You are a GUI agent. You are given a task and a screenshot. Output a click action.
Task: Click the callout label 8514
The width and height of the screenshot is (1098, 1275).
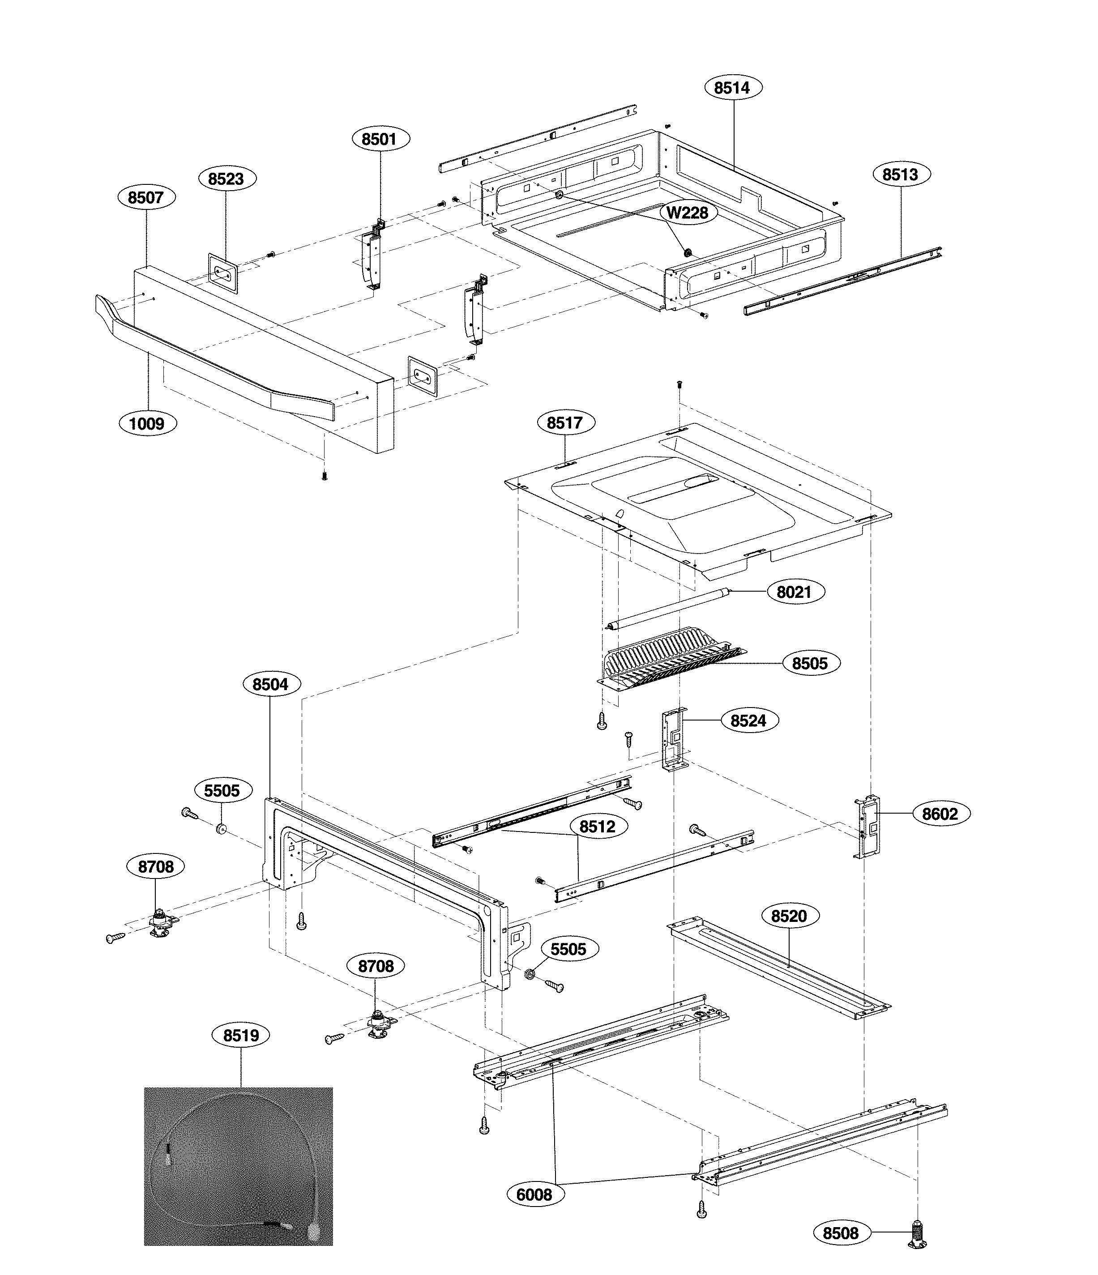pyautogui.click(x=732, y=88)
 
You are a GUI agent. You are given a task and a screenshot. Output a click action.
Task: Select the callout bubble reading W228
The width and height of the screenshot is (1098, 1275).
pyautogui.click(x=688, y=213)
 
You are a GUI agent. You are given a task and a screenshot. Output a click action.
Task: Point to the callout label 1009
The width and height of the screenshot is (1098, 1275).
pyautogui.click(x=146, y=424)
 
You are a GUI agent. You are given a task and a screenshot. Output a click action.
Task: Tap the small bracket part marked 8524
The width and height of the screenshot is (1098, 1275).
pyautogui.click(x=675, y=738)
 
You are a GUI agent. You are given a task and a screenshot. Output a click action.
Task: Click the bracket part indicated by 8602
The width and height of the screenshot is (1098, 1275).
pyautogui.click(x=868, y=827)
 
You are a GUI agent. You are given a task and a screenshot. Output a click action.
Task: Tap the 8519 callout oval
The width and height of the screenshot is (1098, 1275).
pyautogui.click(x=241, y=1036)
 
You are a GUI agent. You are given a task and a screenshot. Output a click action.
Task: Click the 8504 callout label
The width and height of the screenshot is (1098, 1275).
pyautogui.click(x=270, y=684)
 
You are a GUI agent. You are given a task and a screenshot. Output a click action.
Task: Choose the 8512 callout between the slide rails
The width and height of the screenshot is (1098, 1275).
pyautogui.click(x=598, y=827)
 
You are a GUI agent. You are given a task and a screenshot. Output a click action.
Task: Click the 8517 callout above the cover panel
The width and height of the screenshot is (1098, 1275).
pyautogui.click(x=564, y=423)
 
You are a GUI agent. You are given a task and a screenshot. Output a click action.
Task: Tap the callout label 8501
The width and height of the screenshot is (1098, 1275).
pyautogui.click(x=379, y=139)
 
